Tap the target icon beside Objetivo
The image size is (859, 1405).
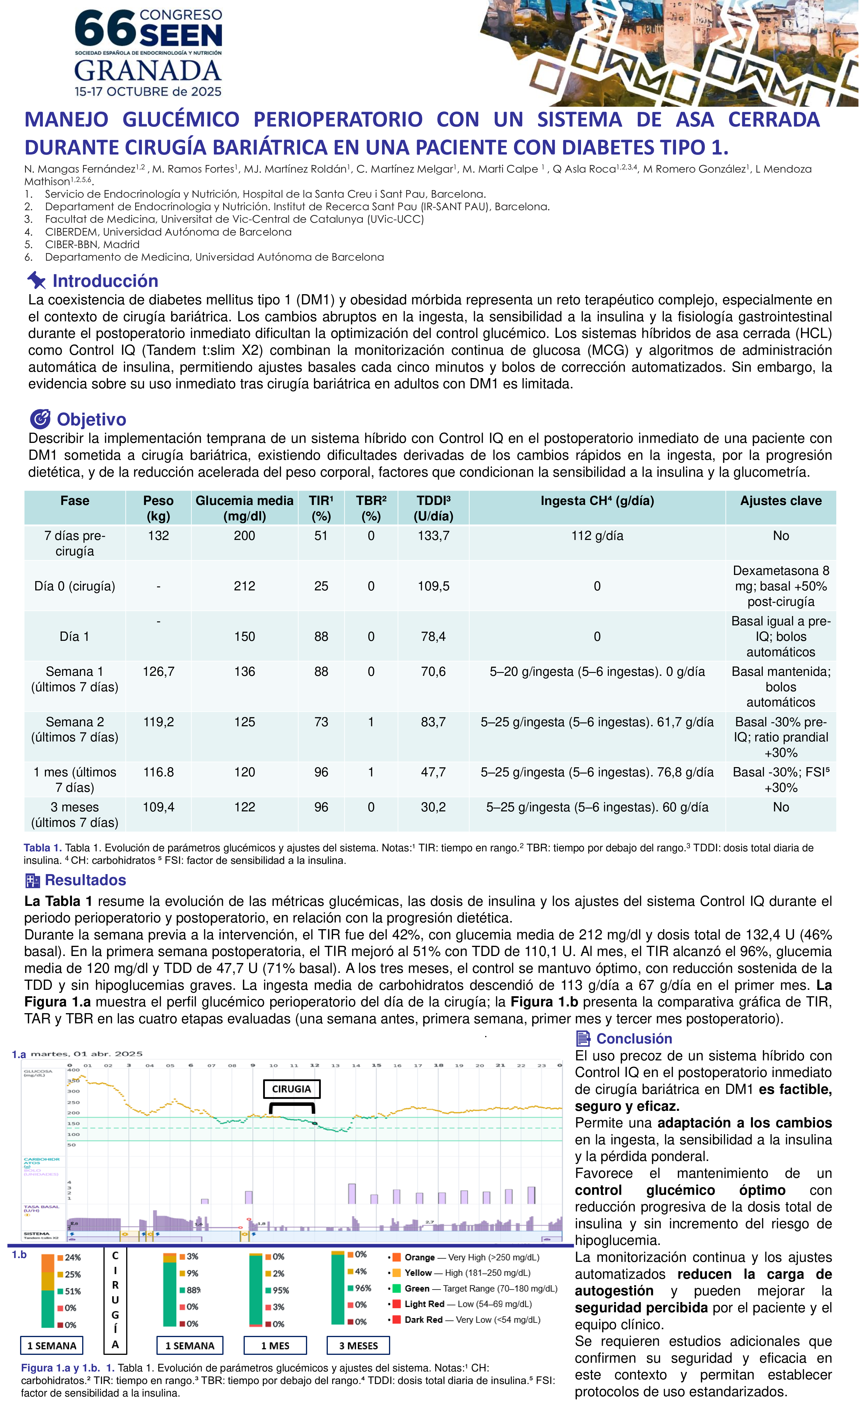[40, 419]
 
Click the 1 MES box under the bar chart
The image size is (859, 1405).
[275, 1346]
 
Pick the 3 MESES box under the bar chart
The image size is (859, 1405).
[358, 1346]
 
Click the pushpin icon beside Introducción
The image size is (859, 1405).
[36, 280]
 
